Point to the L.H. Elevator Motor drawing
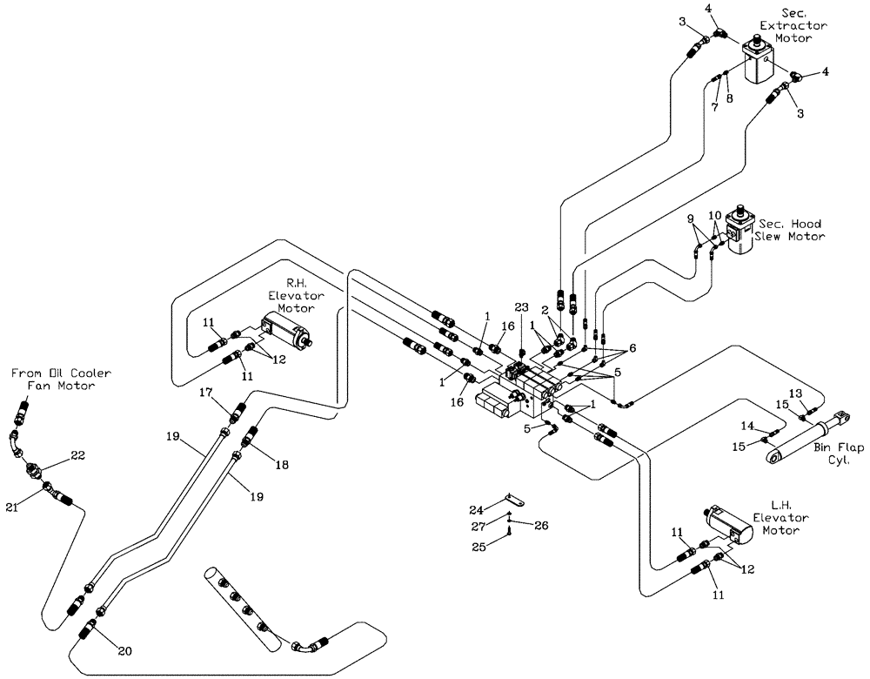[729, 524]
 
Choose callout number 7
[713, 107]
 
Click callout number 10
[714, 214]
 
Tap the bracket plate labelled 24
[513, 502]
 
